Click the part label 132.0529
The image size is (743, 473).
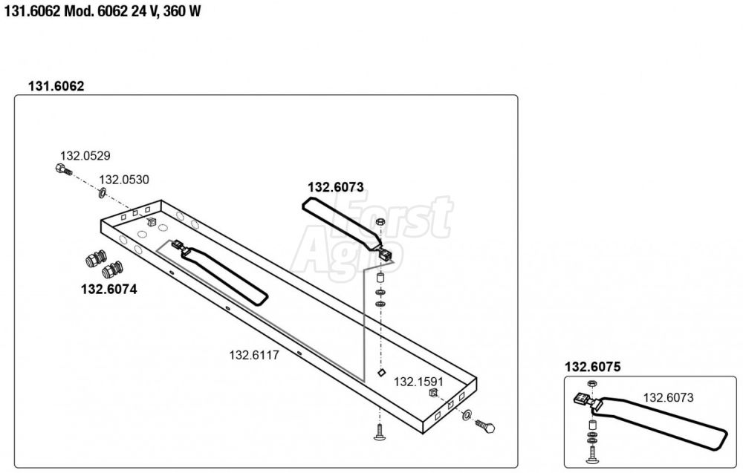[x=85, y=156]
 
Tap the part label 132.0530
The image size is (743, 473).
[x=123, y=180]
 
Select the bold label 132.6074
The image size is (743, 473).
[x=109, y=289]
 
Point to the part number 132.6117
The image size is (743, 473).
[x=254, y=355]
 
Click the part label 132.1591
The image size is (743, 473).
[x=418, y=382]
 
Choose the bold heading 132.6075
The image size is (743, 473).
[x=592, y=367]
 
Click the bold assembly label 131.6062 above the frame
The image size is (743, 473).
[x=56, y=86]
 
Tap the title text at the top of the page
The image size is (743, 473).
[x=103, y=11]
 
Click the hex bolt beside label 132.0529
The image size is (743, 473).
[x=63, y=169]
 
